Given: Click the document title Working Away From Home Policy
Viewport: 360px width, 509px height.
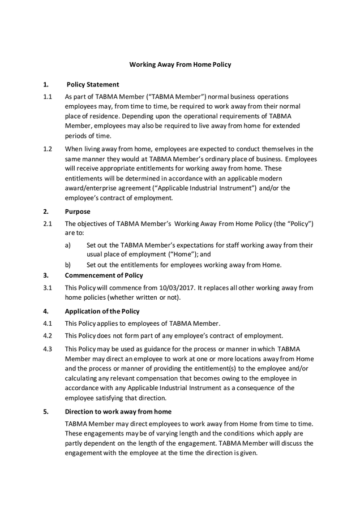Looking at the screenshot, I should tap(180, 64).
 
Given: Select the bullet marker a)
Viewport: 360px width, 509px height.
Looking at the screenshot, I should tap(68, 245).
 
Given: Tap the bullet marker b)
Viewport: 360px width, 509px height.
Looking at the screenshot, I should tap(68, 264).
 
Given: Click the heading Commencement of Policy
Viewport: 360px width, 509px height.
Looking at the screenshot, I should tap(104, 275).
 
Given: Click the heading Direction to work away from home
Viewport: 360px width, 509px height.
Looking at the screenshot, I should tap(118, 411).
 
